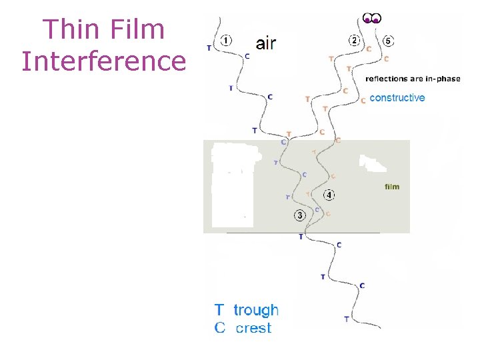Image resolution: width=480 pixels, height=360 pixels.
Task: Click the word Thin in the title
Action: [x=69, y=29]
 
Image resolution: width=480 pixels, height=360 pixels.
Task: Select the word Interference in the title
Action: [x=103, y=61]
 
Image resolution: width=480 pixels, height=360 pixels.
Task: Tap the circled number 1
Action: [x=227, y=41]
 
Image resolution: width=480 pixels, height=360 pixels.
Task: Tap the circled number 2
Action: [x=355, y=41]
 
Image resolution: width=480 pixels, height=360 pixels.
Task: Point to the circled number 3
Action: [x=301, y=215]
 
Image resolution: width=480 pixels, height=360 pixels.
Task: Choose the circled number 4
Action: [x=329, y=195]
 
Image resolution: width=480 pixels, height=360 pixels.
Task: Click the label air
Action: [x=266, y=44]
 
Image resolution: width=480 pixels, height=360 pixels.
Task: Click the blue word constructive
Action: [x=397, y=98]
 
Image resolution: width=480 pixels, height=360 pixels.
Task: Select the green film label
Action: [x=392, y=187]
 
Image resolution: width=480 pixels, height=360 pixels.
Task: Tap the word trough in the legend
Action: [x=256, y=310]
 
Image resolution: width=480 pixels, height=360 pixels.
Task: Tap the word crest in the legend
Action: [x=254, y=328]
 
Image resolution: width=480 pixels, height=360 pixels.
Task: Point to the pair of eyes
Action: [x=372, y=18]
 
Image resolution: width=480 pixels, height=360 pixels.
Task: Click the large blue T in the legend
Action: [x=219, y=310]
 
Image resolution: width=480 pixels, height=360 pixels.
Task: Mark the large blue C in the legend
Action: [x=219, y=328]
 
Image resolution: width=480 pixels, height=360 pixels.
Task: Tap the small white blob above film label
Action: [x=371, y=162]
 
